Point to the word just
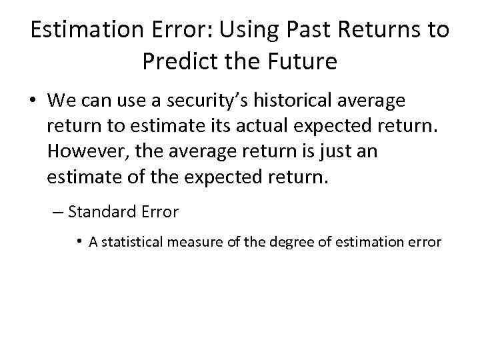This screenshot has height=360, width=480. [x=333, y=151]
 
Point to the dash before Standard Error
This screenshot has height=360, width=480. [x=57, y=213]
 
